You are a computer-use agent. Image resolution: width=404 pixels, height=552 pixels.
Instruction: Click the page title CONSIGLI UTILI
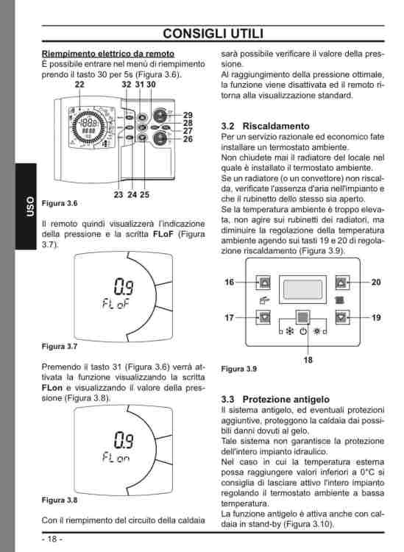213,33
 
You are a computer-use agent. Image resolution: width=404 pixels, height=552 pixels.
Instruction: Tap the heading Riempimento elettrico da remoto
108,54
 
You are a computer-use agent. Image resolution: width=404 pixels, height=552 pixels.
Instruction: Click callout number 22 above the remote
80,85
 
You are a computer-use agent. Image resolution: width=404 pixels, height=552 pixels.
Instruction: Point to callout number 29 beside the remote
188,115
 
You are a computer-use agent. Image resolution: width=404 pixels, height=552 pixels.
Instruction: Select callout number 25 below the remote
145,195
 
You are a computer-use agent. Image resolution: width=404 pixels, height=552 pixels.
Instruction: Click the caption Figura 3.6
60,203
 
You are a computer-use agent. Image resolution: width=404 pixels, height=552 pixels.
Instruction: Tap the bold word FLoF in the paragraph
163,234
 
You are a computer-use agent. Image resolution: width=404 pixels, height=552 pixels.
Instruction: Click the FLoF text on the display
116,303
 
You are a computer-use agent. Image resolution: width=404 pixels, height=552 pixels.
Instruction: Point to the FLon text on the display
116,457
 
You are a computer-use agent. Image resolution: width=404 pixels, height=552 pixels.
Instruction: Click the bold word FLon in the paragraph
52,388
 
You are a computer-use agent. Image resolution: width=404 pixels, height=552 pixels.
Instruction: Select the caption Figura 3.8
60,500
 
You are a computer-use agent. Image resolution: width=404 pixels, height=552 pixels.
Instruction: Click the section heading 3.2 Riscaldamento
266,126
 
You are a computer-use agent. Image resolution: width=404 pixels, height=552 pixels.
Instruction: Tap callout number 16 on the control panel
230,283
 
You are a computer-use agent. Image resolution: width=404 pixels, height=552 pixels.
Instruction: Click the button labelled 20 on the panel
342,283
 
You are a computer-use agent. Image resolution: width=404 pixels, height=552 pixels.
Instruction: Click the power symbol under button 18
303,332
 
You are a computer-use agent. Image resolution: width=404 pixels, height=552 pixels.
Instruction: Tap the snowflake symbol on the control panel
290,332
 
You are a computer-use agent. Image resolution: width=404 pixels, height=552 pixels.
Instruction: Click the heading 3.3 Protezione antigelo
275,400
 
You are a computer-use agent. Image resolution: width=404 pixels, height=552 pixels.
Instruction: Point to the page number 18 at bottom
52,539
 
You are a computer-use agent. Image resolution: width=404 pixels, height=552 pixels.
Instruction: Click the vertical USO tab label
30,207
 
